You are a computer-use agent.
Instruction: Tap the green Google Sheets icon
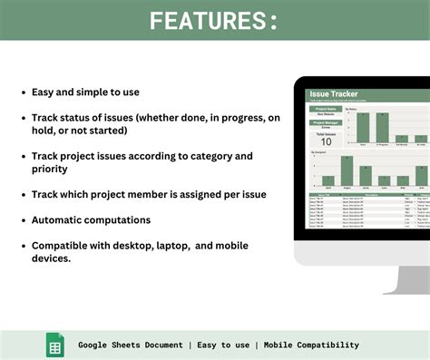tap(55, 345)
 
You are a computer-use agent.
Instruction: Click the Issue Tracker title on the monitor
tap(333, 93)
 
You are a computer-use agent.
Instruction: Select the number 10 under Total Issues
tap(326, 141)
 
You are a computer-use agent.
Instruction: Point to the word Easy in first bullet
tap(45, 92)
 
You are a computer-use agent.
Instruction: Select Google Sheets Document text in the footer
tap(130, 345)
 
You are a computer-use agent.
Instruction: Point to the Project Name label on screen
tap(326, 108)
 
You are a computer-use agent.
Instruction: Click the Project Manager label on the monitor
tap(326, 121)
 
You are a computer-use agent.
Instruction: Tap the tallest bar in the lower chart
tap(346, 171)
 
